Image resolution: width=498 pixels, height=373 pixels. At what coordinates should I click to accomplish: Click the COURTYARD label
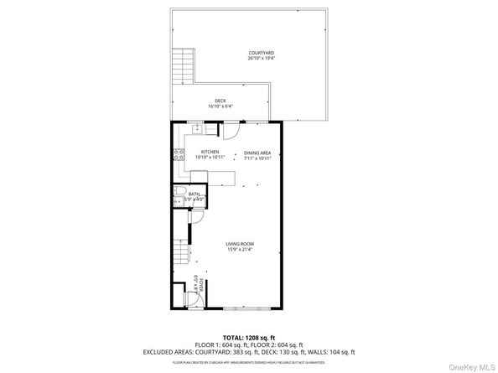click(x=261, y=53)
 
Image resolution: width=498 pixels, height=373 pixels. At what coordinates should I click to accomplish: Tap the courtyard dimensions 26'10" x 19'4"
click(x=261, y=59)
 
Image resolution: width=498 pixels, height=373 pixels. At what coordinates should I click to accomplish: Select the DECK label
click(x=220, y=101)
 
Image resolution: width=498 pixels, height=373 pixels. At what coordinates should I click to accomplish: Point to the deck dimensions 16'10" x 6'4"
click(x=220, y=106)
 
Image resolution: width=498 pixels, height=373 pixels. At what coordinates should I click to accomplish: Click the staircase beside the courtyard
click(x=183, y=65)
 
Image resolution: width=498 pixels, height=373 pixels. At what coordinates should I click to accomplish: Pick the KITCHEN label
click(x=209, y=153)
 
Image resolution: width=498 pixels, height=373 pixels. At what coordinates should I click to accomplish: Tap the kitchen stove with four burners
click(x=178, y=153)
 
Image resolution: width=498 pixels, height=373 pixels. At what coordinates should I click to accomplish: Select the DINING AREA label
click(x=257, y=153)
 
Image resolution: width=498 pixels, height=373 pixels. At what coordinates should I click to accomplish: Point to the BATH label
click(x=194, y=194)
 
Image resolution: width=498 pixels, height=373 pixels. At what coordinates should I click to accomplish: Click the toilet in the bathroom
click(x=179, y=198)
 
